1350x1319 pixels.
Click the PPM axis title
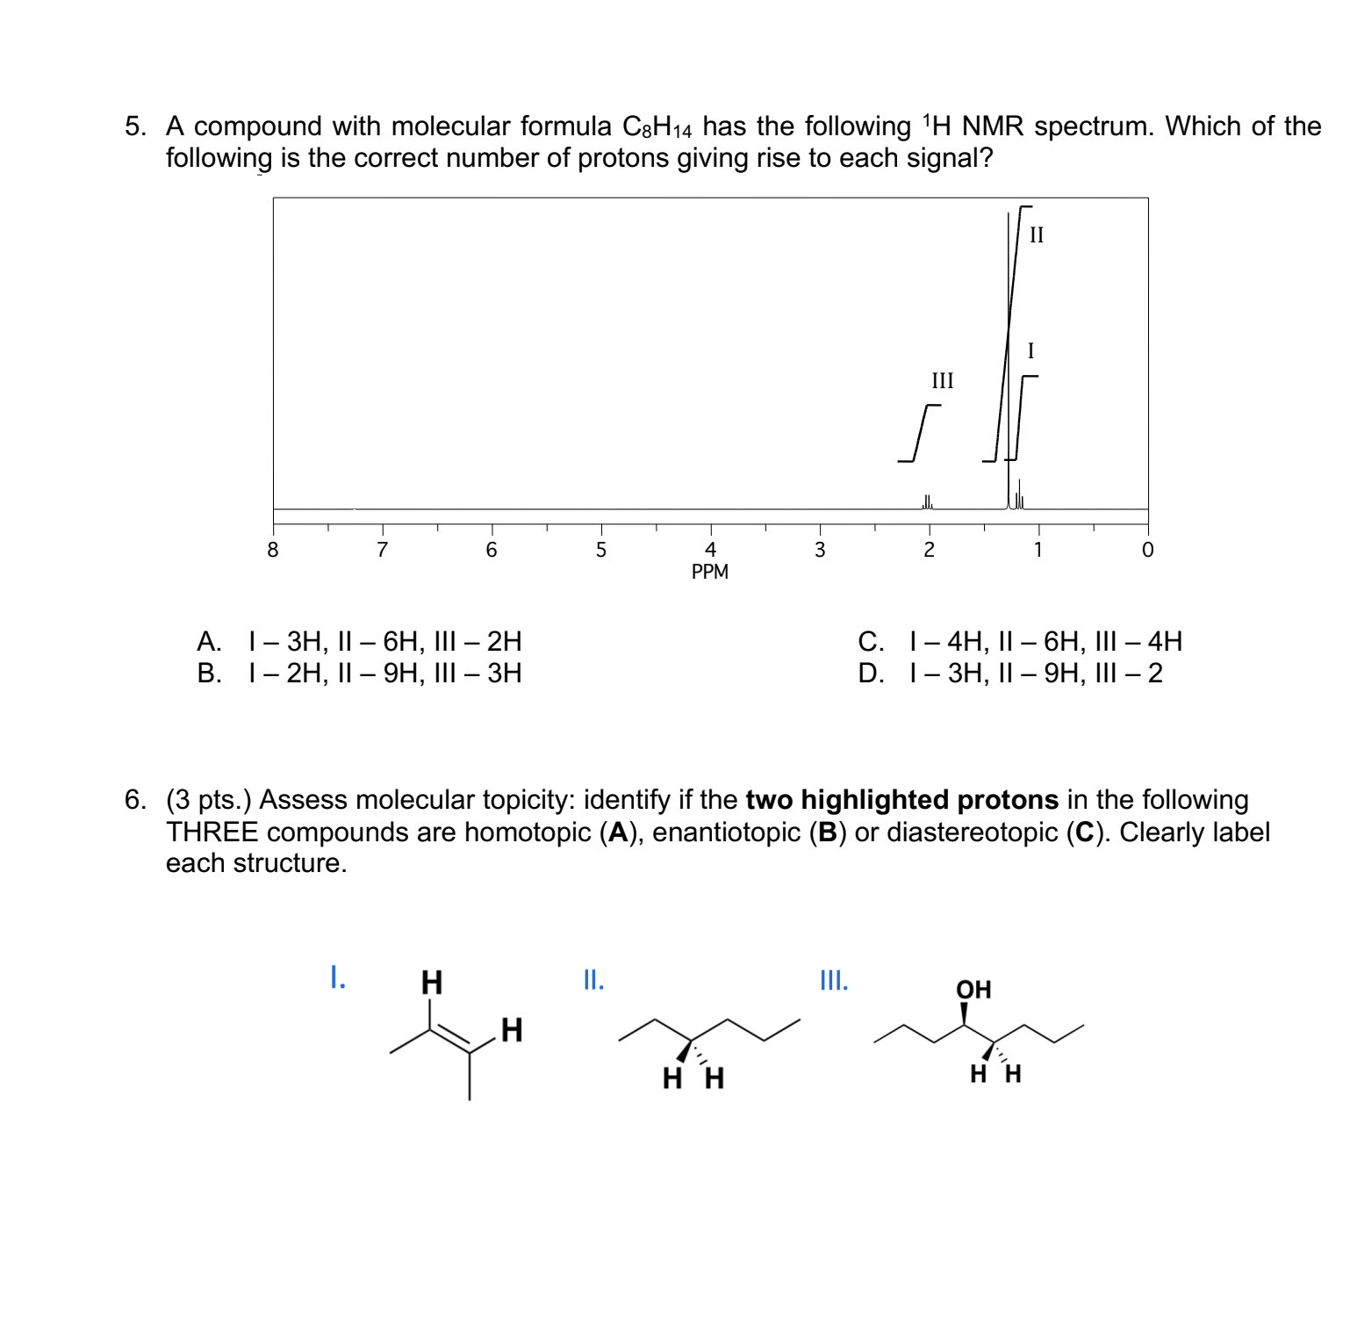tap(709, 572)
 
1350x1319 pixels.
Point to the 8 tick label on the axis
tap(273, 551)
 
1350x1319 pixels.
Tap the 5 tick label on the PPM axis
tap(601, 551)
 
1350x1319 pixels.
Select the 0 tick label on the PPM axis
tap(1147, 551)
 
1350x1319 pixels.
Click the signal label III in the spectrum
tap(942, 381)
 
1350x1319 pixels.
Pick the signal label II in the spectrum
tap(1037, 235)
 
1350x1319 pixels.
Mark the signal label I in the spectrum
tap(1030, 351)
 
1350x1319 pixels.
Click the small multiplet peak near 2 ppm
tap(927, 501)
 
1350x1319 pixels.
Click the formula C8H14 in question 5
tap(657, 127)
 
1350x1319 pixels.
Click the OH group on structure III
tap(973, 990)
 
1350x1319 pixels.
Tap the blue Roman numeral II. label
tap(593, 980)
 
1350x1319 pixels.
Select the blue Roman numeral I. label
tap(337, 977)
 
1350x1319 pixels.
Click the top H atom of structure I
tap(431, 982)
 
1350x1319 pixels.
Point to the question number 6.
tap(135, 800)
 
